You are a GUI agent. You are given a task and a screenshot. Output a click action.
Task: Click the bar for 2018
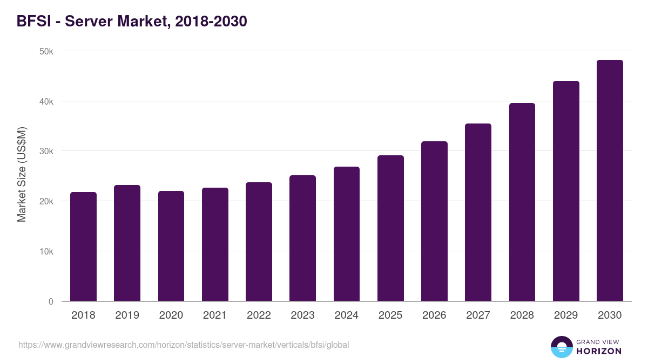(83, 246)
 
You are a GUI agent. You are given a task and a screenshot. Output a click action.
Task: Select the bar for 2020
(171, 246)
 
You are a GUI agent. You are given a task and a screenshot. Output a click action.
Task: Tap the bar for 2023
(302, 238)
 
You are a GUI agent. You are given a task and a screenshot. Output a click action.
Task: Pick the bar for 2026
(434, 221)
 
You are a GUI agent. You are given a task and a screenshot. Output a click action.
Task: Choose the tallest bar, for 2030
(610, 181)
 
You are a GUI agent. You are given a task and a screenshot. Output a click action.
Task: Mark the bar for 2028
(522, 202)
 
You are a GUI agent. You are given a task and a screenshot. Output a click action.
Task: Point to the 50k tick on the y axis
(46, 51)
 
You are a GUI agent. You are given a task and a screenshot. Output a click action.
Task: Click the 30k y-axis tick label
(46, 152)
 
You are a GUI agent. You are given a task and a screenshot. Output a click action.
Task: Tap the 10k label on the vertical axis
(46, 251)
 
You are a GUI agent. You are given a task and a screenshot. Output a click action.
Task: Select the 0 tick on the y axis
(51, 301)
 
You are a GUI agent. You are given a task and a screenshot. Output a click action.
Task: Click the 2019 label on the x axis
(127, 315)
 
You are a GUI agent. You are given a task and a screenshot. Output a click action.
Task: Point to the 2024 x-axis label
(346, 315)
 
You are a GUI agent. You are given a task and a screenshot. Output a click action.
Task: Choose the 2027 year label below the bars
(478, 315)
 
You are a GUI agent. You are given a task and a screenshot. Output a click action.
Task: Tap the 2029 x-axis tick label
(566, 315)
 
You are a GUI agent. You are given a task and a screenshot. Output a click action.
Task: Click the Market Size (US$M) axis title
(22, 175)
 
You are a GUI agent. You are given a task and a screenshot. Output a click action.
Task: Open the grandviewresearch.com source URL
(184, 345)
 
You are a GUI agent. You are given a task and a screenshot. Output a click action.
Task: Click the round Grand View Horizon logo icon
(561, 347)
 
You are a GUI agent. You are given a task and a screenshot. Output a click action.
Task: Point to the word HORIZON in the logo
(599, 351)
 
